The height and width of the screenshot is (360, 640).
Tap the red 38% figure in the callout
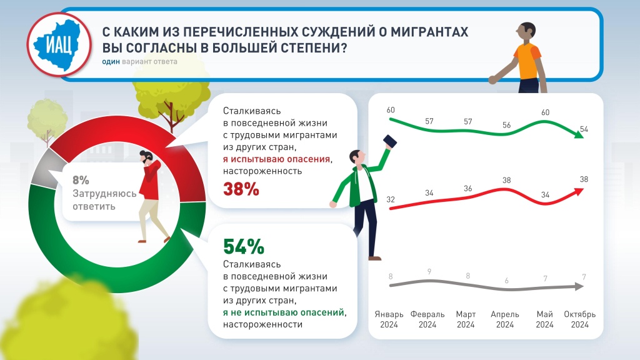point(241,189)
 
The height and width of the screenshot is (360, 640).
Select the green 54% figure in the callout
point(244,247)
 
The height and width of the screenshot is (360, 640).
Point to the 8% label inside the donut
point(81,181)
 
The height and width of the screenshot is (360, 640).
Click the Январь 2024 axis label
point(389,319)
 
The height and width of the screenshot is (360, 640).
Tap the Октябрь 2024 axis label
point(579,319)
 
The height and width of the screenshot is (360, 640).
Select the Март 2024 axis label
point(466,319)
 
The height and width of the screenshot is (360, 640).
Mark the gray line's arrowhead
point(580,287)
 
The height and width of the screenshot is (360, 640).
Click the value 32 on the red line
point(391,199)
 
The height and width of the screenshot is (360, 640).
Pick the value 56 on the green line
point(506,124)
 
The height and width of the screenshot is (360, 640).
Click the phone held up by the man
point(390,141)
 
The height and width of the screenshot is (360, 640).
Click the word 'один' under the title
point(111,61)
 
